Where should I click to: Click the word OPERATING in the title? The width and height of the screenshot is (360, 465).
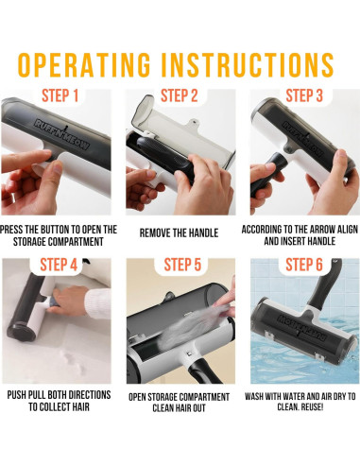84,65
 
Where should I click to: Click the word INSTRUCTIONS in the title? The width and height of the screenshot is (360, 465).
248,65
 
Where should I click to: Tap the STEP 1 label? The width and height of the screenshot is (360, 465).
60,95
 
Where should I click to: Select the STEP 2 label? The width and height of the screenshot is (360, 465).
180,95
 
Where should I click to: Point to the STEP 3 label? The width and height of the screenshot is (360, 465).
304,95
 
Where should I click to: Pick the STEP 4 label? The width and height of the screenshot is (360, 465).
59,265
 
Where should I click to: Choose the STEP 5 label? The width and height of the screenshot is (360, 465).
182,265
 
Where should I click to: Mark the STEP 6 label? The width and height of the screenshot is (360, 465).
304,265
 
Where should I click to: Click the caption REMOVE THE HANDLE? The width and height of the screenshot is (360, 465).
179,233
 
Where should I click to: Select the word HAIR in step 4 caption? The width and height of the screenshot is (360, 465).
81,407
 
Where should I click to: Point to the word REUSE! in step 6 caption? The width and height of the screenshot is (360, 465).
312,407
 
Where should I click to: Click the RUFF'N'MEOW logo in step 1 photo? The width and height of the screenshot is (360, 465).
62,134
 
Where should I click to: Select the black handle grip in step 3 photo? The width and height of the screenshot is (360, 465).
267,173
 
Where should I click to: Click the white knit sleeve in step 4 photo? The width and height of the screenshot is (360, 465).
98,303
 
